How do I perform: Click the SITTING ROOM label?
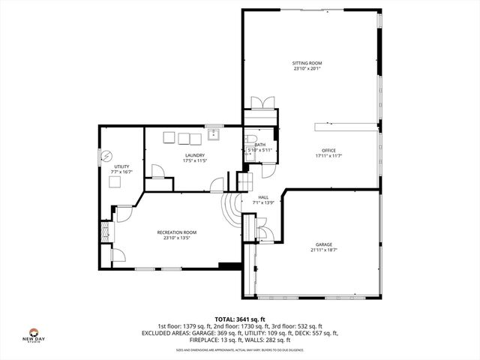coord(307,63)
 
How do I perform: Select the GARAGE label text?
coord(323,244)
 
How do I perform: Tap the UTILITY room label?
coord(121,166)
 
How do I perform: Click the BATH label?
coord(259,145)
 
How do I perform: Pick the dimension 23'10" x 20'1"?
coord(307,69)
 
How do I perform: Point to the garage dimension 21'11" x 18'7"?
coord(323,250)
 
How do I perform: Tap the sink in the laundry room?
coord(214,135)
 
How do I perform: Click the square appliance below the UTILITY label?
coord(115,181)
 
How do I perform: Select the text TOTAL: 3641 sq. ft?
coord(240,319)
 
